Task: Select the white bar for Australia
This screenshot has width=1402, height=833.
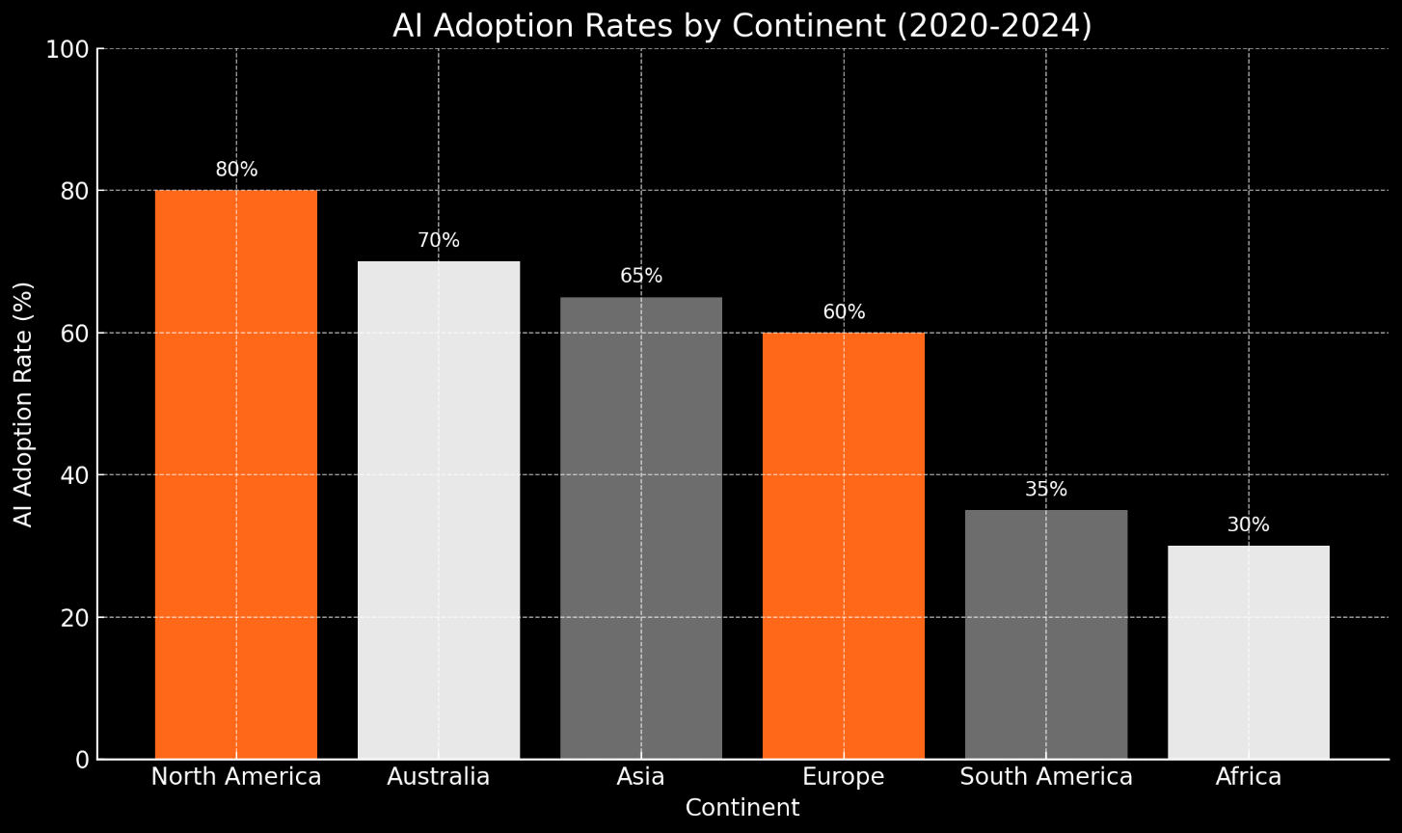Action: (439, 510)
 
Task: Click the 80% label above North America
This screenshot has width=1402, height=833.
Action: (236, 170)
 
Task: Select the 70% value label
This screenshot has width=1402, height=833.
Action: (439, 241)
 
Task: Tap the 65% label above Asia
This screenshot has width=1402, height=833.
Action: (641, 277)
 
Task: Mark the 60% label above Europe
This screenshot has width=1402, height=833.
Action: (844, 312)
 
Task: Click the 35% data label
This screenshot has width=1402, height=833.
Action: (1046, 490)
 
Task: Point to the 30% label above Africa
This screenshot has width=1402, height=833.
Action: (1249, 525)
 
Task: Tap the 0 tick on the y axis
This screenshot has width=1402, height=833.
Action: (82, 760)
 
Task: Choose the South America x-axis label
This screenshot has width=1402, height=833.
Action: (1046, 777)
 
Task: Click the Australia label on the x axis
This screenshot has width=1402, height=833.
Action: (439, 777)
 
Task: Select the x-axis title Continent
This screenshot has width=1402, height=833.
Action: (742, 808)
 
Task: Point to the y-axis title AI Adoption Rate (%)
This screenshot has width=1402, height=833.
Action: (24, 404)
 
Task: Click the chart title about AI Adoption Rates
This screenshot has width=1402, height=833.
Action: (742, 26)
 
